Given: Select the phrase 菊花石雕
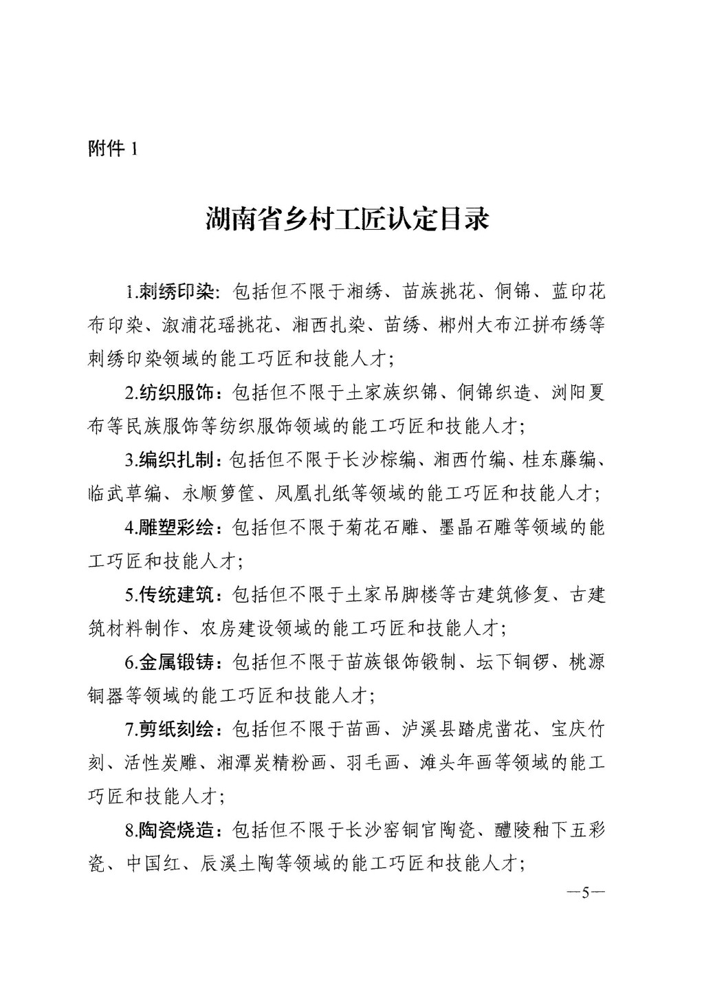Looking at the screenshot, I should click(382, 528).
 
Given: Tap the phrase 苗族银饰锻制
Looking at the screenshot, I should click(400, 662).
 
